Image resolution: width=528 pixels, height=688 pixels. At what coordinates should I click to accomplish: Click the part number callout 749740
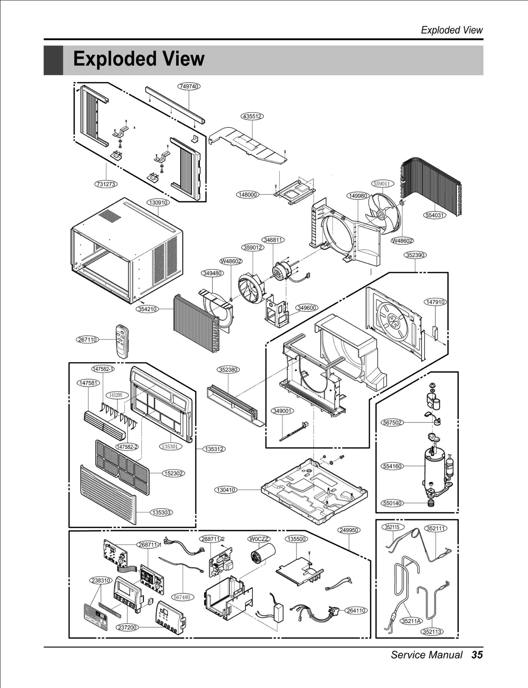coord(189,86)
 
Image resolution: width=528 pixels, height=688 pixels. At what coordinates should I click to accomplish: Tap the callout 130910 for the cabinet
coord(158,202)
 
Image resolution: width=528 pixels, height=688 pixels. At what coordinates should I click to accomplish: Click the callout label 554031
coord(435,215)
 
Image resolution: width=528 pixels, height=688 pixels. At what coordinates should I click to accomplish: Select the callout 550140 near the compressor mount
coord(392,503)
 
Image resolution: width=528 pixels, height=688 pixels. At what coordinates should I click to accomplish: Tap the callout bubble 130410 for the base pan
coord(226,489)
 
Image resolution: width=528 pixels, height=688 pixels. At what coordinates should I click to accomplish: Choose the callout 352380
coord(228,370)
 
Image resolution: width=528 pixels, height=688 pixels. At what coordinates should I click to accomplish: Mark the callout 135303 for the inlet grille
coord(162,512)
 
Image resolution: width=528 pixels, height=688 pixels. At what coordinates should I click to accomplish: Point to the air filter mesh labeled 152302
coord(122,466)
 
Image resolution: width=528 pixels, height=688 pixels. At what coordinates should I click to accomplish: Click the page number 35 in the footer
coord(477,655)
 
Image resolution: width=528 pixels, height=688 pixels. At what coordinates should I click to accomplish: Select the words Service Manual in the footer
coord(426,655)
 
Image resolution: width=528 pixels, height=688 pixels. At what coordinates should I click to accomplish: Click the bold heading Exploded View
coord(139,59)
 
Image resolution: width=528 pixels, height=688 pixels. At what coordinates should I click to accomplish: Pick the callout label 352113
coord(432,632)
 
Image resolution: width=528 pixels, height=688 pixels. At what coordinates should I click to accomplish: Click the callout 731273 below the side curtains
coord(106,184)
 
